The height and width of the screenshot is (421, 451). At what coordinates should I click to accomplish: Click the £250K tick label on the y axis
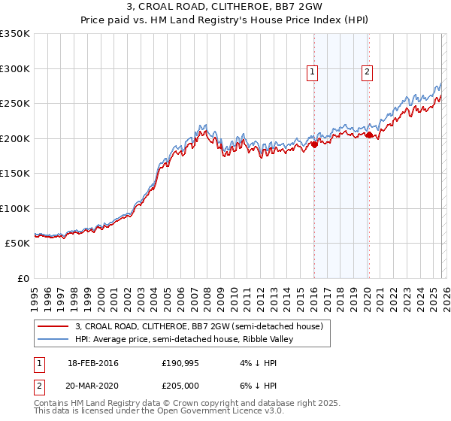pos(15,104)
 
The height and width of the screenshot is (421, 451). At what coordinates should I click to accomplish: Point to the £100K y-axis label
pos(15,208)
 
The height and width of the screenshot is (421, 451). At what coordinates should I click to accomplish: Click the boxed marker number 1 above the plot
pos(312,72)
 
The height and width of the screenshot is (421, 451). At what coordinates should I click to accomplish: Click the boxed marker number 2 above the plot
pos(367,72)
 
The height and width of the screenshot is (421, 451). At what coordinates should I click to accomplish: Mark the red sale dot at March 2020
pos(368,135)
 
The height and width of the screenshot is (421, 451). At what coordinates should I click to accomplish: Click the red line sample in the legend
pos(54,326)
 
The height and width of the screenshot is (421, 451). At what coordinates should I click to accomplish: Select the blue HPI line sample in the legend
pos(54,340)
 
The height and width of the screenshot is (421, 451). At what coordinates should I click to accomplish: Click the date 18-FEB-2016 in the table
pos(93,363)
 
